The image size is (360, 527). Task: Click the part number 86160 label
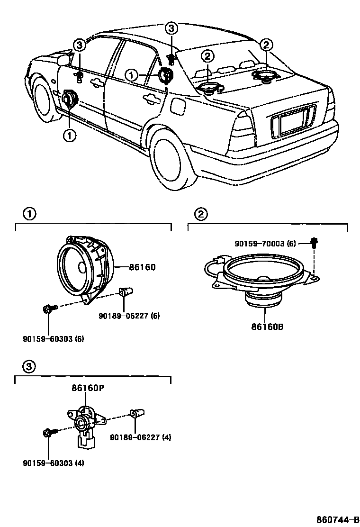click(142, 268)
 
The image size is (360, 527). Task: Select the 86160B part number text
click(265, 327)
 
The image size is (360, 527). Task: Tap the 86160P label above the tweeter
click(88, 388)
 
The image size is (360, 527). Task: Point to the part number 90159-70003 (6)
click(265, 244)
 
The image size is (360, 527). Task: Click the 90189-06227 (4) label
click(141, 437)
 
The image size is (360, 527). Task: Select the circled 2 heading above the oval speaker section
click(201, 215)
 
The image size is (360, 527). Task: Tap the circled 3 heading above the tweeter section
click(28, 366)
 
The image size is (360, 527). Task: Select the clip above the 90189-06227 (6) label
click(126, 293)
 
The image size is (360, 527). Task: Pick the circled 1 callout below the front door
click(69, 136)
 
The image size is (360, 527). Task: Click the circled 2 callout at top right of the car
click(267, 45)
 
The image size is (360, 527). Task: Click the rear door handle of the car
click(152, 99)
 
